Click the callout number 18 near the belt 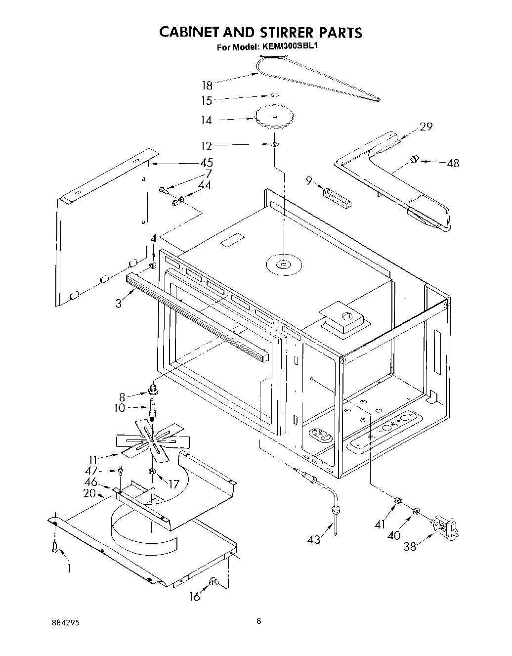tap(207, 85)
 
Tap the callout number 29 tap(426, 127)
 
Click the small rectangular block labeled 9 tap(336, 197)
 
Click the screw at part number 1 tap(55, 547)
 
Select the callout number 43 tap(314, 539)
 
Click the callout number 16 tap(195, 597)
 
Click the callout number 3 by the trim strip tap(119, 303)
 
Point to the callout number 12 tap(207, 146)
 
